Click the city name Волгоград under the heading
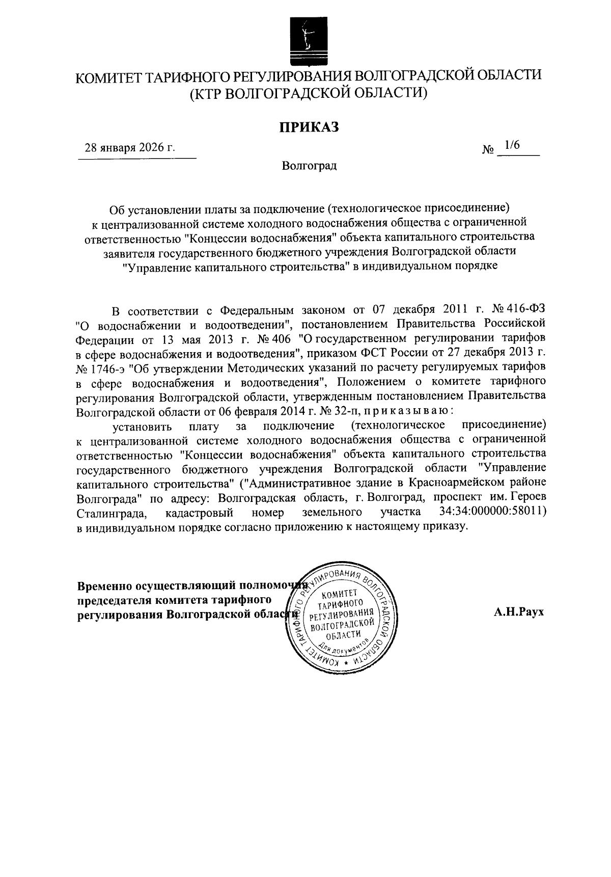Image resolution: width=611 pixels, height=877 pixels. pos(309,166)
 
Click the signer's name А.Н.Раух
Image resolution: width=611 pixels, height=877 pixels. pos(518,612)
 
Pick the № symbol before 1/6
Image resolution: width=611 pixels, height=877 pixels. pos(488,150)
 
